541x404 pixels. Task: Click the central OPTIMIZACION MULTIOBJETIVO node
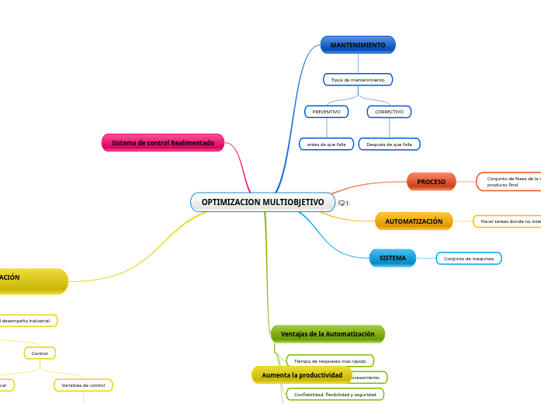(262, 202)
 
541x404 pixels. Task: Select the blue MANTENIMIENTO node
(358, 45)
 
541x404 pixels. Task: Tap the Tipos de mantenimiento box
(358, 80)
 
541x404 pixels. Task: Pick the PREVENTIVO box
(326, 112)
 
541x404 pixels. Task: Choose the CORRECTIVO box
(389, 112)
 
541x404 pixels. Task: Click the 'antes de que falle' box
(326, 145)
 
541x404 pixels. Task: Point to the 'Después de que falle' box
(389, 145)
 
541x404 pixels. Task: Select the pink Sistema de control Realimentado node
(162, 143)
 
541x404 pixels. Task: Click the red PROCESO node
(431, 182)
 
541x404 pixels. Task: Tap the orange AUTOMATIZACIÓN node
(414, 221)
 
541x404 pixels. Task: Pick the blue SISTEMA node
(392, 258)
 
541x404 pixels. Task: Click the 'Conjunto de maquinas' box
(469, 259)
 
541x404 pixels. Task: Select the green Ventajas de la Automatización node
(328, 334)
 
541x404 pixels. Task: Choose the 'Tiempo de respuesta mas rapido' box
(330, 361)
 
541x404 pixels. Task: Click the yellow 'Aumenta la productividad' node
(302, 375)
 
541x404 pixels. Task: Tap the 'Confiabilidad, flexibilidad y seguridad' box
(335, 395)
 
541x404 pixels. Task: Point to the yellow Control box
(40, 353)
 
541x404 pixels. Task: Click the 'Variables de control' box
(83, 385)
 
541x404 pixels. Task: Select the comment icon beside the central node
(343, 203)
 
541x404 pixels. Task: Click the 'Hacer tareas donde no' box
(508, 221)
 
